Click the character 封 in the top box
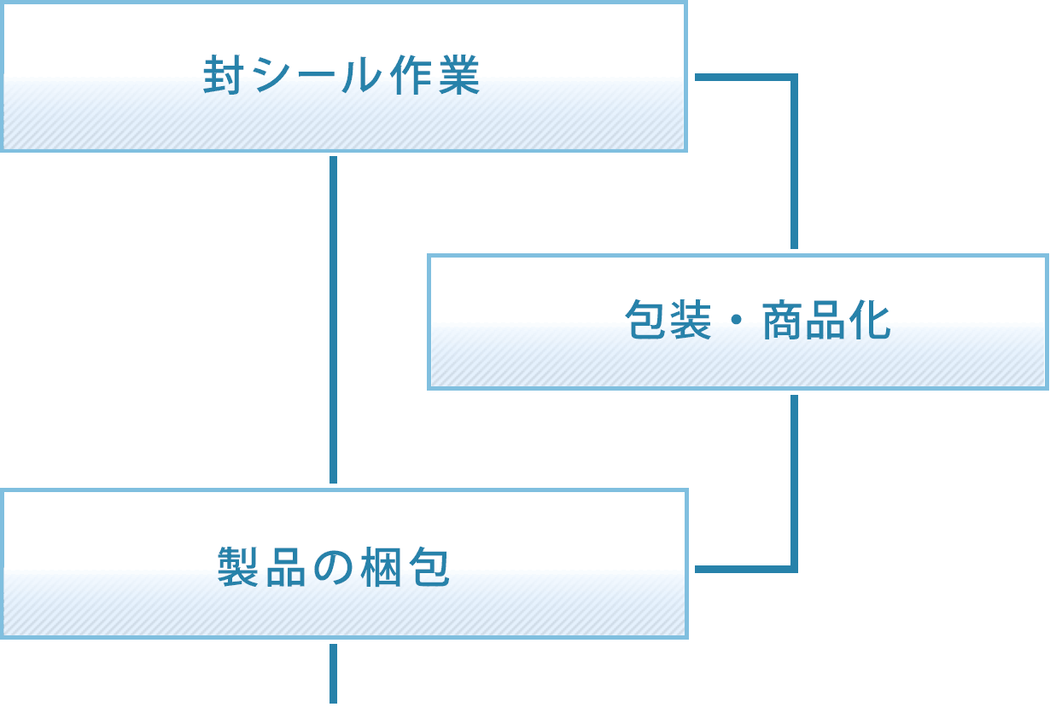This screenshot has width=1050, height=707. click(x=222, y=76)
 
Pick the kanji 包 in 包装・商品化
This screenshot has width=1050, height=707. click(x=645, y=322)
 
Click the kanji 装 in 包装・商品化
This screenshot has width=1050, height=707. click(x=691, y=322)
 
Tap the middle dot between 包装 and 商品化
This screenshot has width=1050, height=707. click(x=736, y=322)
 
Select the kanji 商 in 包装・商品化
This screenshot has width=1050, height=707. click(x=781, y=322)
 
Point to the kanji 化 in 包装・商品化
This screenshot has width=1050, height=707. click(x=871, y=322)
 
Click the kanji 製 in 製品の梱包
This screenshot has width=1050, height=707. click(x=238, y=567)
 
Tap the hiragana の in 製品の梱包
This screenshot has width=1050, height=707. click(x=333, y=567)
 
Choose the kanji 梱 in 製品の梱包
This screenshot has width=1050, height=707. click(x=381, y=567)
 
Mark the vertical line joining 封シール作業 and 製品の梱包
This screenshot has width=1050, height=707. click(x=333, y=320)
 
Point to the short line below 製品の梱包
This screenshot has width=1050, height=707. click(x=333, y=674)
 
